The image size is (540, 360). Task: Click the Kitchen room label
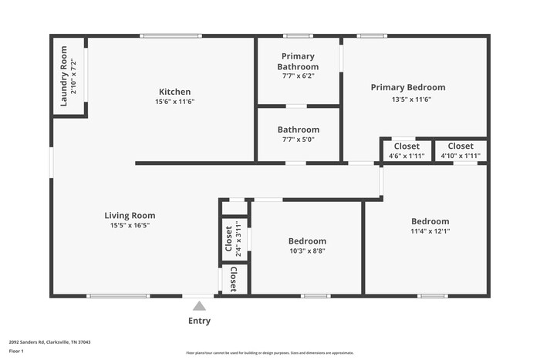pos(175,92)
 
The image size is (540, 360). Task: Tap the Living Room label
pos(130,216)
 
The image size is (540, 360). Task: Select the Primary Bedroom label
pos(407,87)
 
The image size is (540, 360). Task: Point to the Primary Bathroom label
pos(298,61)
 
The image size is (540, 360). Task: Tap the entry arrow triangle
pos(199,306)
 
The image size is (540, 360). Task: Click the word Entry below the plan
pos(199,321)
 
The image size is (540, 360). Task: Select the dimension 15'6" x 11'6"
pos(175,102)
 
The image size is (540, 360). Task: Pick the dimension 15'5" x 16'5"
pos(130,226)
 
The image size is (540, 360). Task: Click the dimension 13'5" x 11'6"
pos(407,99)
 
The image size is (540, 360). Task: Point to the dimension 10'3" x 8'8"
pos(307,251)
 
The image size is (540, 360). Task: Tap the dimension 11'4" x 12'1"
pos(430,231)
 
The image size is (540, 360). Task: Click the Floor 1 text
pos(16,352)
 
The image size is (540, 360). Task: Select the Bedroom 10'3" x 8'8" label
pos(307,241)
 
